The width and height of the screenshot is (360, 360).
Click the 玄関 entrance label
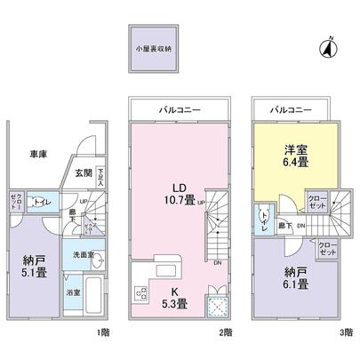[x=82, y=172]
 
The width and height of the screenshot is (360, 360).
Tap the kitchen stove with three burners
[x=141, y=294]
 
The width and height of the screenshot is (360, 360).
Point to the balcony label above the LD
[x=180, y=108]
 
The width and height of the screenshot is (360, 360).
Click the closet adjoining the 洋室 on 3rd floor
[x=316, y=200]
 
